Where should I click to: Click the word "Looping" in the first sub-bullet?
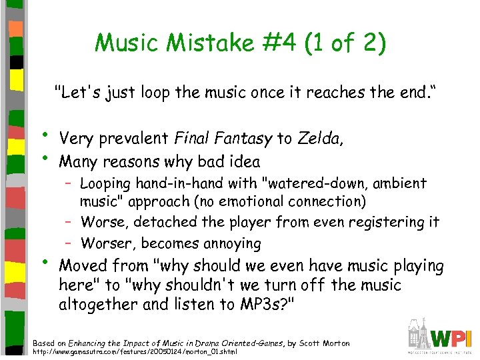(106, 183)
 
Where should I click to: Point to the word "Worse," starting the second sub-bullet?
(102, 221)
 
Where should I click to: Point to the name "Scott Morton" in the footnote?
(323, 343)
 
